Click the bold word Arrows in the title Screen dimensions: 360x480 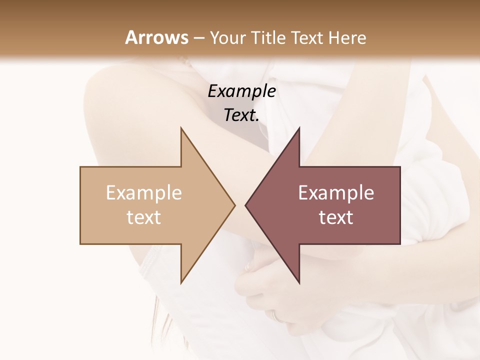156,37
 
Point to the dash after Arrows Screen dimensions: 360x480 199,38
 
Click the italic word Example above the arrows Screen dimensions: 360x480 241,91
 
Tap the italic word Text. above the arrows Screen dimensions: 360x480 241,115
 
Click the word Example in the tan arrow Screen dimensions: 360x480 143,193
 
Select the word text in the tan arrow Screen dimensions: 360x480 143,217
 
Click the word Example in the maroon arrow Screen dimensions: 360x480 336,193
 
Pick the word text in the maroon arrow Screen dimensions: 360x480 336,217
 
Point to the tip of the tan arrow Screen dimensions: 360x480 234,205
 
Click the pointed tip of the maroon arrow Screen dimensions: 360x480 245,205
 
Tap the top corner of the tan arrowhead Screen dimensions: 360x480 181,128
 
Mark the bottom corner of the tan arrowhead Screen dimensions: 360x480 181,283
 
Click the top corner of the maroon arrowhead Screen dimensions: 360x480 299,128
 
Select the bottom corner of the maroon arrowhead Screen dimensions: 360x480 299,283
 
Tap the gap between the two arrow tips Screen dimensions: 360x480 240,205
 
